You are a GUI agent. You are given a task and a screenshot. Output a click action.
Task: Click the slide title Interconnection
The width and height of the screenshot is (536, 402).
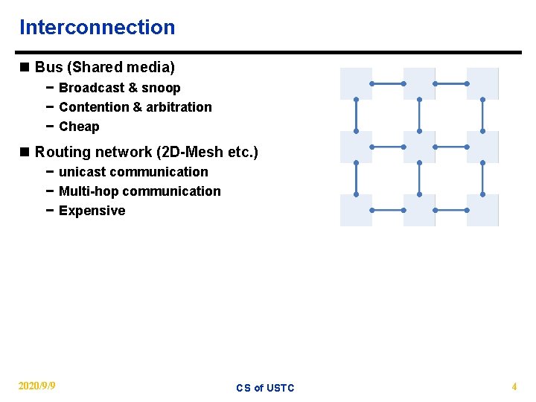tap(97, 28)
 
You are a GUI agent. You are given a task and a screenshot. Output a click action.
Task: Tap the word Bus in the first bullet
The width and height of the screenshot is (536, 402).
tap(48, 68)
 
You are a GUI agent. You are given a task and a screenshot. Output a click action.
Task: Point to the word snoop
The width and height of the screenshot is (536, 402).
tap(161, 88)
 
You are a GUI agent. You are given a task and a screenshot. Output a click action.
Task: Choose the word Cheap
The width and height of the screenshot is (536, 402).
tap(79, 127)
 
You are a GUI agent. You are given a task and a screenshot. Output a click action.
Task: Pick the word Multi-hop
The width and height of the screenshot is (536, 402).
tap(89, 191)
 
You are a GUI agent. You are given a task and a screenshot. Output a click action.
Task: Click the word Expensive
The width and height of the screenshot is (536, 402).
tap(92, 211)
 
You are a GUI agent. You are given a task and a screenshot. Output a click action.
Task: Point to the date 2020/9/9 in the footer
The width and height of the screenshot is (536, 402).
tap(36, 386)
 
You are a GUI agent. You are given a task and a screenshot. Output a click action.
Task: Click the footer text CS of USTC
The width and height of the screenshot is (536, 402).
tap(265, 388)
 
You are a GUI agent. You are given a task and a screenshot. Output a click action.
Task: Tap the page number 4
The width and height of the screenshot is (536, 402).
tap(514, 386)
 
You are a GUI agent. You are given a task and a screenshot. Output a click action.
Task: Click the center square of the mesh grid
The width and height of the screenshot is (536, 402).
tap(419, 147)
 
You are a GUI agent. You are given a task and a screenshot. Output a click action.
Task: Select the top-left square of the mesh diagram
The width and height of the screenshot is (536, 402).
tap(356, 83)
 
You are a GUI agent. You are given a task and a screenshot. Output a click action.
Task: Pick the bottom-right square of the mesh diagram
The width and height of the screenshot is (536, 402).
tap(482, 210)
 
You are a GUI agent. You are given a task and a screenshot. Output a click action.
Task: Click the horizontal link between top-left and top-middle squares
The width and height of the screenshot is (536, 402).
tap(387, 84)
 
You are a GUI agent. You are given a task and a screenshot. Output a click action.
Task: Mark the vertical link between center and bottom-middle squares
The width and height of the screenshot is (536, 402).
tap(420, 179)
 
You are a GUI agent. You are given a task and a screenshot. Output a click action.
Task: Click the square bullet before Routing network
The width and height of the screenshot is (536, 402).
tap(25, 152)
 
